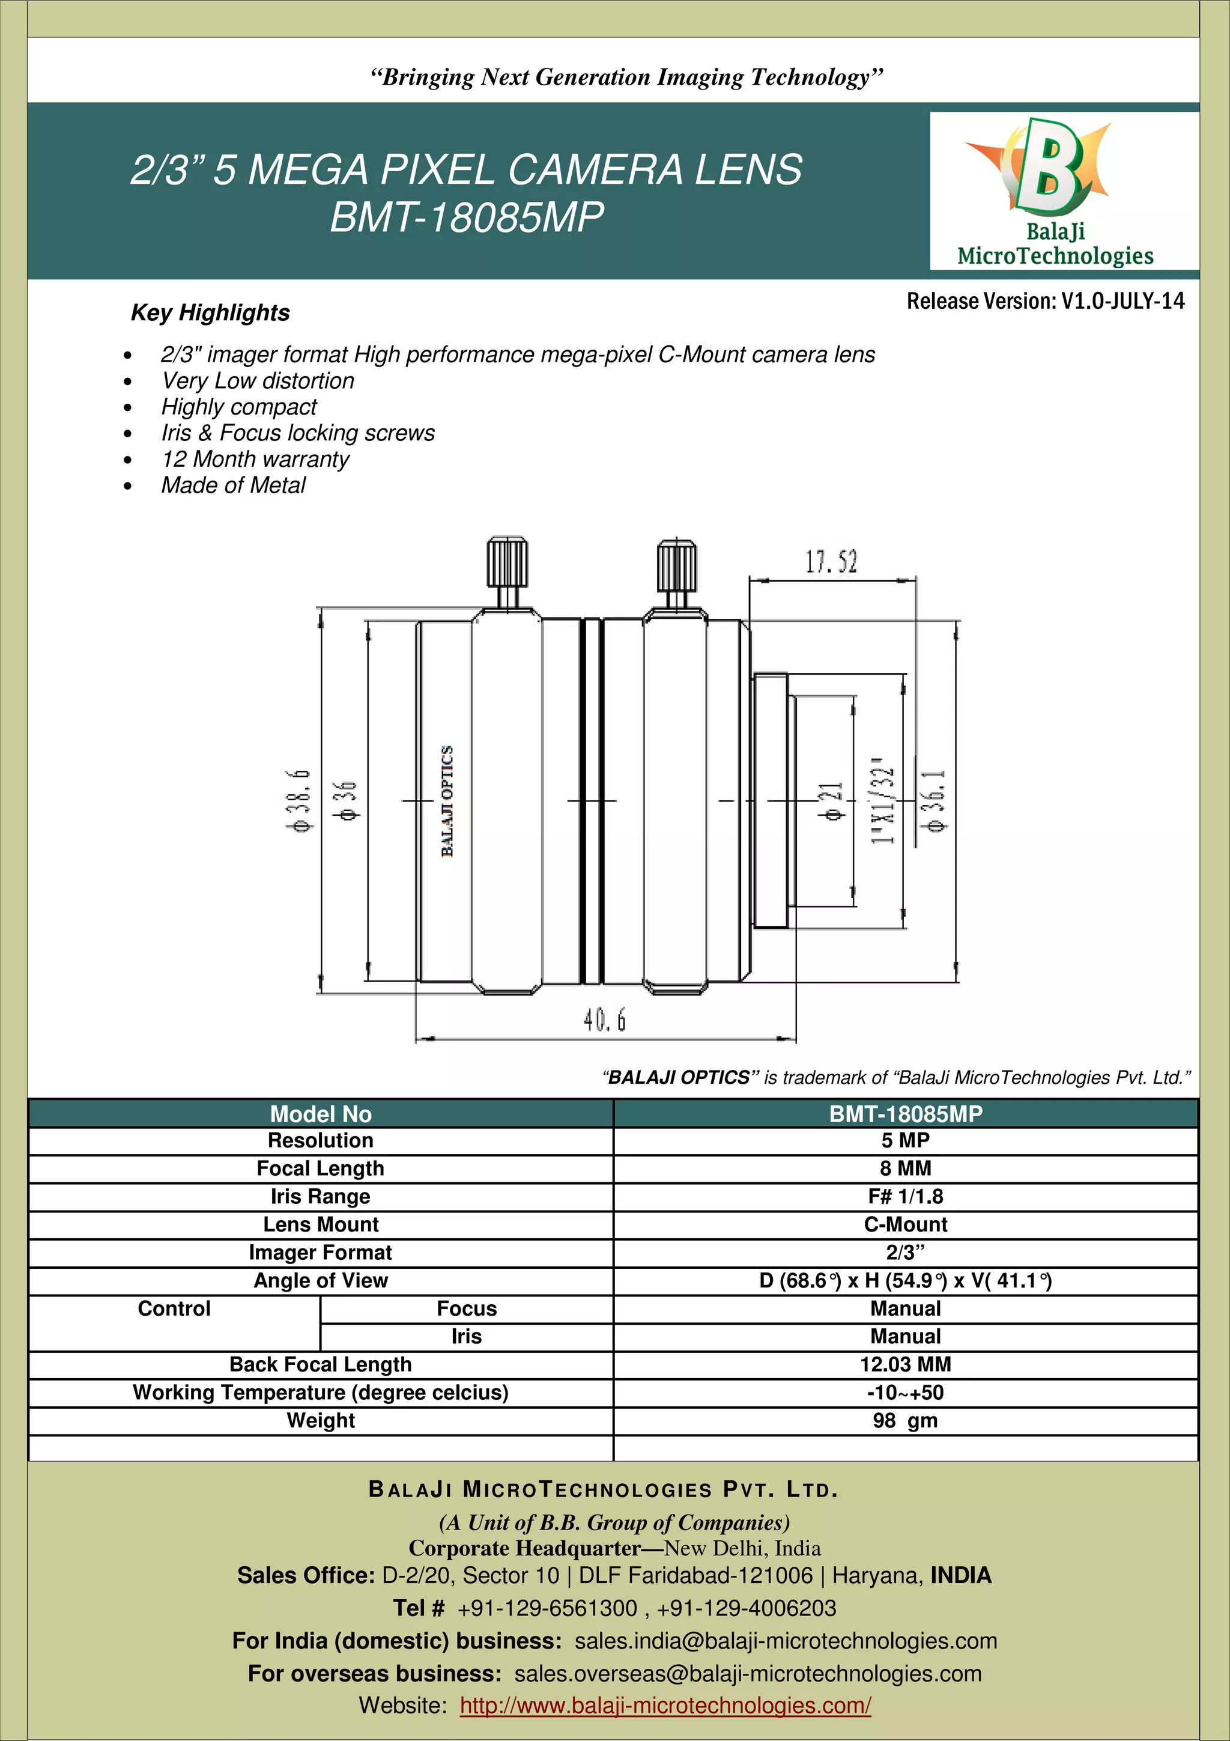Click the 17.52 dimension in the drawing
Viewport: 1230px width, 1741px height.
[831, 562]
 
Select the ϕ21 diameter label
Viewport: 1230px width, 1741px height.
[831, 801]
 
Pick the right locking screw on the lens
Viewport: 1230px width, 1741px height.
[676, 573]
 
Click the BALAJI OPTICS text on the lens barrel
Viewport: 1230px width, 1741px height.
[447, 801]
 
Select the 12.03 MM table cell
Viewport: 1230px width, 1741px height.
[905, 1365]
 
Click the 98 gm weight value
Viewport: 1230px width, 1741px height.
[905, 1421]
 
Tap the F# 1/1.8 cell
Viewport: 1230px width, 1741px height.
[905, 1197]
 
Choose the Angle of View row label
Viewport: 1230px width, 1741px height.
[321, 1281]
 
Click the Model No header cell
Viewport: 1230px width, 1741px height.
[321, 1114]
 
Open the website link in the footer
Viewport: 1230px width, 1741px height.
[665, 1706]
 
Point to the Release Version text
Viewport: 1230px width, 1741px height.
[1045, 302]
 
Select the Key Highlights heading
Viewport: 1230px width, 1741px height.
[210, 312]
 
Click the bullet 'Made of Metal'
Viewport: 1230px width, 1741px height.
[234, 485]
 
